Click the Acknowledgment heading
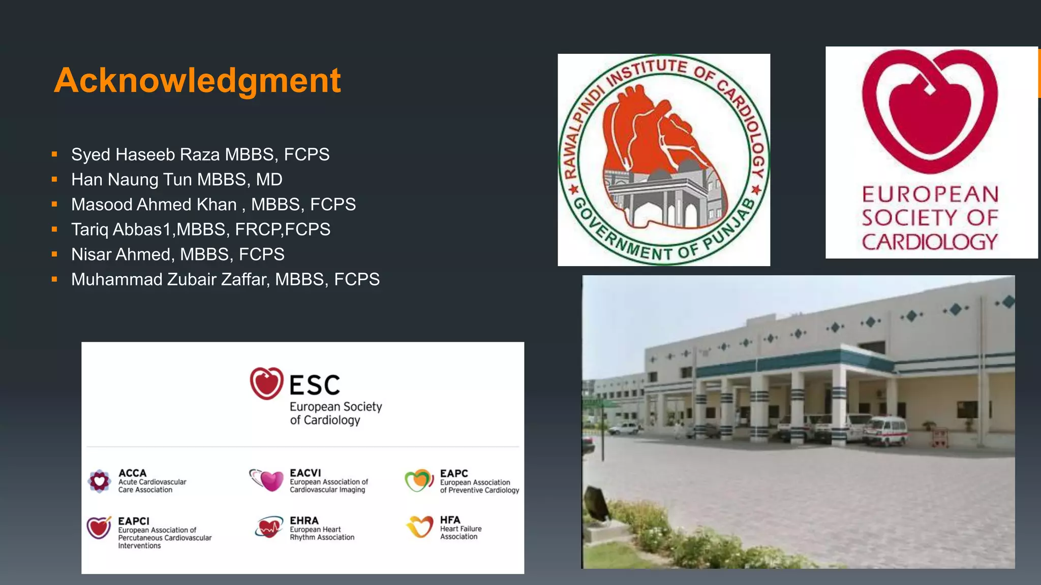pos(197,80)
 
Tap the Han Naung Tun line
pos(176,179)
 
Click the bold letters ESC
pos(315,385)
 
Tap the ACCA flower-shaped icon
pos(100,480)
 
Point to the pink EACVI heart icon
pos(271,480)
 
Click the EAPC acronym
pos(454,473)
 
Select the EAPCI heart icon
pos(99,528)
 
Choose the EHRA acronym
pos(304,521)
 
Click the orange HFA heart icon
pos(420,527)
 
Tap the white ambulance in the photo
pos(885,431)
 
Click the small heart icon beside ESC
pos(266,383)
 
